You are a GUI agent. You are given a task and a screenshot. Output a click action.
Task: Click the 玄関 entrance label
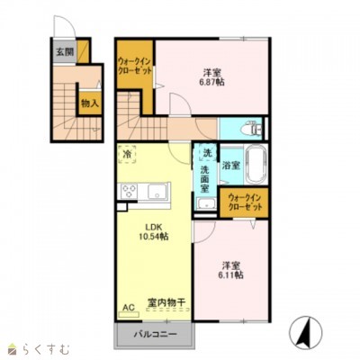65,52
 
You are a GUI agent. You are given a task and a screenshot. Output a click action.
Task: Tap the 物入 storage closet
90,103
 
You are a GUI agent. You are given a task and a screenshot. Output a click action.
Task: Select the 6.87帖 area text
211,82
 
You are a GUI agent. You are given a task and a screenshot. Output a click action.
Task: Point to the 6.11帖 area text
230,274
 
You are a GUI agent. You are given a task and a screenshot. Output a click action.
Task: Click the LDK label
153,227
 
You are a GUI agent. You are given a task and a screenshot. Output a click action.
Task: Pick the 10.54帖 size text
153,237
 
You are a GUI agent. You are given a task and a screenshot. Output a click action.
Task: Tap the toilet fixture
252,129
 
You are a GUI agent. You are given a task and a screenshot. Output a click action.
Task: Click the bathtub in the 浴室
256,165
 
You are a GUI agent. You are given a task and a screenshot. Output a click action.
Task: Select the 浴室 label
230,165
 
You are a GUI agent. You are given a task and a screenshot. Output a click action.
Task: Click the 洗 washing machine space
207,153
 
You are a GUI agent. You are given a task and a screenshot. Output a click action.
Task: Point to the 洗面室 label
204,179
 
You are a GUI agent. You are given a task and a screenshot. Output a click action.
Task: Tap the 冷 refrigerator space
127,154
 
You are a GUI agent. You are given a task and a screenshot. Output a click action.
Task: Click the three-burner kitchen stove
129,191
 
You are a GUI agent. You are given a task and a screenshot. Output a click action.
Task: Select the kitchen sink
157,191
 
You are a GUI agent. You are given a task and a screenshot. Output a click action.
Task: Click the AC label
129,308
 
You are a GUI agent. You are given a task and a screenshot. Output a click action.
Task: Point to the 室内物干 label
166,302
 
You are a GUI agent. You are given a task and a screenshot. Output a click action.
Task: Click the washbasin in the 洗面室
206,203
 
